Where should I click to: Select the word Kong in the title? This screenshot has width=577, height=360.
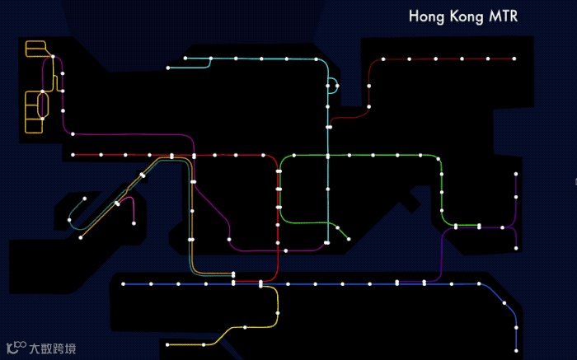pos(466,16)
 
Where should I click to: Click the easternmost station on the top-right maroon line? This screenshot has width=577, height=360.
pos(514,58)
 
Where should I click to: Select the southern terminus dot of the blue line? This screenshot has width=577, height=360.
pos(517,349)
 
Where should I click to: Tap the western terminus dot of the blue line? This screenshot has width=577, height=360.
pos(124,284)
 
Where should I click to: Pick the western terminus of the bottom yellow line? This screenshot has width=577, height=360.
pos(167,344)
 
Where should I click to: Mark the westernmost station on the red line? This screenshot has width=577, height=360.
pos(73,155)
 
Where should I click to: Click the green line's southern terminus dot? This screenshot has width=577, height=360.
pos(348,237)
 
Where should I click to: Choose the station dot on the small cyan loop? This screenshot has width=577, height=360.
pos(336,86)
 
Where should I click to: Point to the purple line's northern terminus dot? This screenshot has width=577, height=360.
pos(517,175)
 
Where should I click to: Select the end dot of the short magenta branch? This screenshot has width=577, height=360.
pos(134,222)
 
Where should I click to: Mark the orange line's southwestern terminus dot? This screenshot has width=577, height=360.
pos(81,237)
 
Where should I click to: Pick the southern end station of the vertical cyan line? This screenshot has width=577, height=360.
pos(327,243)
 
